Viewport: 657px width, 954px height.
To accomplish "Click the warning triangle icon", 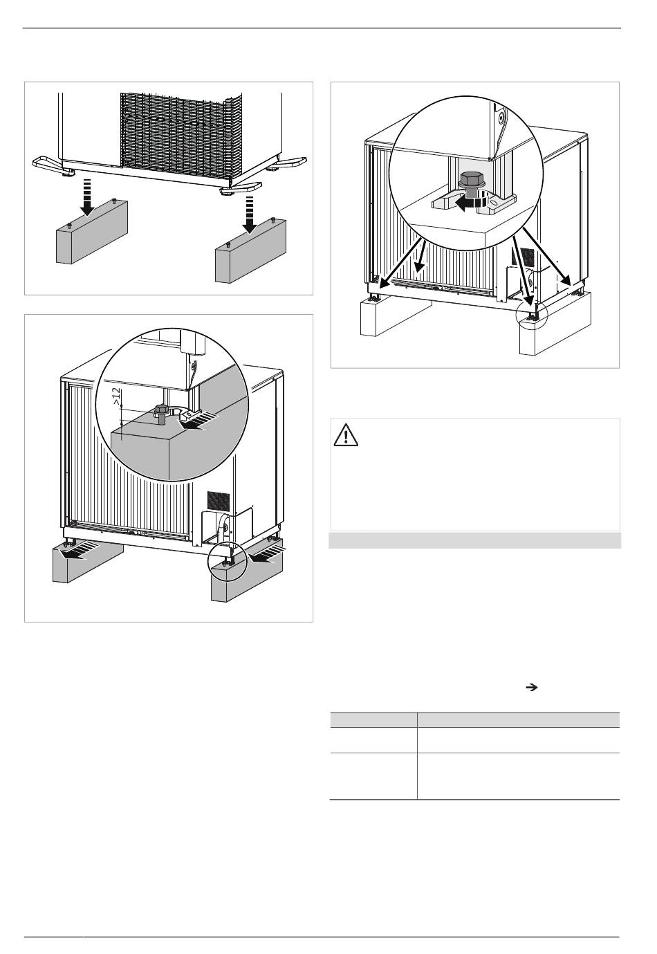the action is click(x=345, y=435).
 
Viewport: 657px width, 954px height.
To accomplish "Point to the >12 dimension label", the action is click(x=115, y=396).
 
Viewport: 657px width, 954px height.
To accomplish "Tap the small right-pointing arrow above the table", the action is click(x=530, y=687).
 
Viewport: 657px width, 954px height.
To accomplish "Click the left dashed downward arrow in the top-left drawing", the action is click(x=88, y=196).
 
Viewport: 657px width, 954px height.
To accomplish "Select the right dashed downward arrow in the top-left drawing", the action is click(x=250, y=214).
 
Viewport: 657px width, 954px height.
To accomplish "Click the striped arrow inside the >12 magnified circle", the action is click(x=196, y=421).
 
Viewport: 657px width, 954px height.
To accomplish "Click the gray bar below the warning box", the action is click(x=474, y=540).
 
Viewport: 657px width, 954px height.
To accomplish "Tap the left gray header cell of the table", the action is click(x=373, y=719).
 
